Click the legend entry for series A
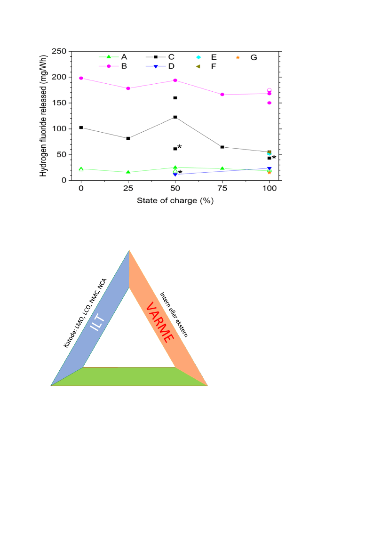[x=117, y=57]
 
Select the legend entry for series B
[x=117, y=66]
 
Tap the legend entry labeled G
[x=248, y=57]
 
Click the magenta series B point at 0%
[x=81, y=78]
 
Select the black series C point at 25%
[x=128, y=138]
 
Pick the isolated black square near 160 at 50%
[x=175, y=98]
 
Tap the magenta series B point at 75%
[x=222, y=95]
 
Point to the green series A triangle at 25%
[x=128, y=172]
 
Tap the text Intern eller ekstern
[x=174, y=314]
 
